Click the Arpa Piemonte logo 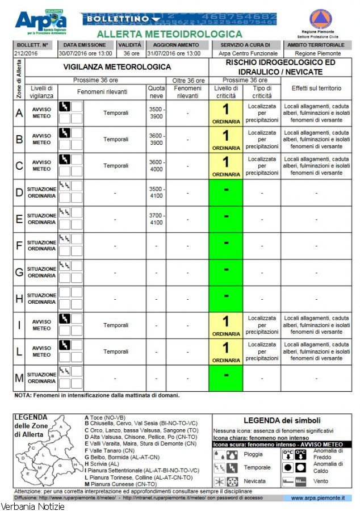[40, 22]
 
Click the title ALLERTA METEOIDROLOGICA [170, 35]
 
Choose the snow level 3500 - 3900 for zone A [156, 113]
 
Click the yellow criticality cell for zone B [225, 140]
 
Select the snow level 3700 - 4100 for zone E [156, 219]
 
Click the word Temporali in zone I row [116, 325]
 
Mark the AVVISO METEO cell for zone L [41, 352]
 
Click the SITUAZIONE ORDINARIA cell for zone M [41, 378]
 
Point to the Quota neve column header [156, 92]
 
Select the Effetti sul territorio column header [316, 89]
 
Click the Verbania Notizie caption [32, 506]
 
